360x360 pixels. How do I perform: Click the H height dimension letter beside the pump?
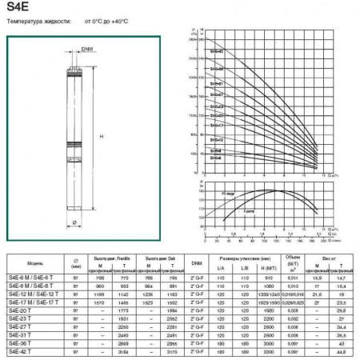tap(102, 137)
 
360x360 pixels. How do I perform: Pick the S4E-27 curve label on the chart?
tap(217, 94)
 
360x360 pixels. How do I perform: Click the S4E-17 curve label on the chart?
tap(217, 125)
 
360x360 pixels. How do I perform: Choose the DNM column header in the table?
tap(197, 262)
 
